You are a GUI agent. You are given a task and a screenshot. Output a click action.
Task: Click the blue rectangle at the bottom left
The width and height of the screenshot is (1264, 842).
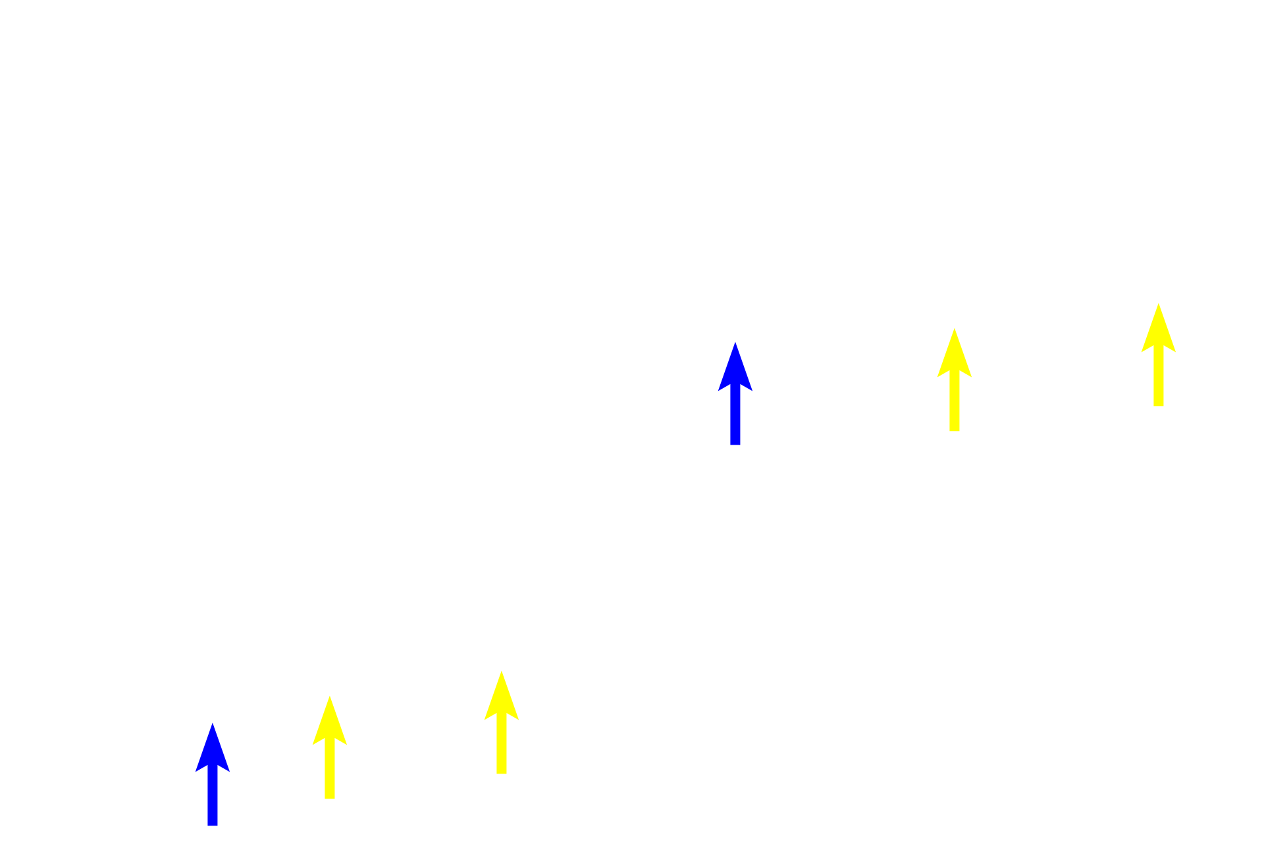tap(213, 774)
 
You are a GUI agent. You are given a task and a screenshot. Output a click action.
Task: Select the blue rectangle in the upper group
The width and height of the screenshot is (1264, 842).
tap(735, 393)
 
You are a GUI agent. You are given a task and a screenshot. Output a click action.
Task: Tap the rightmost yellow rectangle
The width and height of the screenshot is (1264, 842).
tap(1158, 355)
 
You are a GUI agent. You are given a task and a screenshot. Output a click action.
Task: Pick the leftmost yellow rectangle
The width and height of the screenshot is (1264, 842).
tap(330, 747)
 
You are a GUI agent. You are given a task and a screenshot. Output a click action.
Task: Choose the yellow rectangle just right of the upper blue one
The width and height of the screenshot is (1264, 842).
tap(954, 380)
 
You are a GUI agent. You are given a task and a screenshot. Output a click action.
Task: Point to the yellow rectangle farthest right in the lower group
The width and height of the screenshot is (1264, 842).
tap(501, 722)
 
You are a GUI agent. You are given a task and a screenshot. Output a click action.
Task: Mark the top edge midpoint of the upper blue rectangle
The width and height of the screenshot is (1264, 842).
tap(735, 341)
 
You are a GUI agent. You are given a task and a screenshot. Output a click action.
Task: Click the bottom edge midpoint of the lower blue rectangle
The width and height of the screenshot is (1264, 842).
tap(213, 826)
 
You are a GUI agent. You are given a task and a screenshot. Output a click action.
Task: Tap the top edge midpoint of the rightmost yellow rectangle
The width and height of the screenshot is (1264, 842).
tap(1158, 303)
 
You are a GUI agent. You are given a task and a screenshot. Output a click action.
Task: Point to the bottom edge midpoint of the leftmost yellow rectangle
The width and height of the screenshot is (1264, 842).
tap(330, 799)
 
